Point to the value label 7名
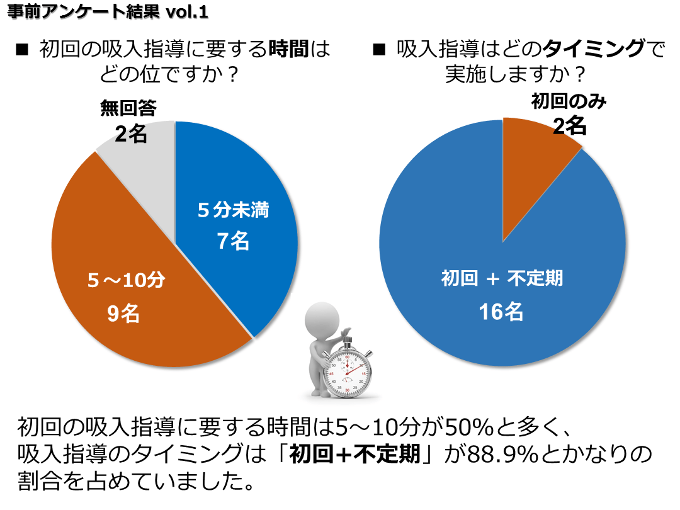pyautogui.click(x=233, y=241)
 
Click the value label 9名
pyautogui.click(x=123, y=313)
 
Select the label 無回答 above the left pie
pyautogui.click(x=128, y=108)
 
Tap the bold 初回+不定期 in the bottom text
pyautogui.click(x=355, y=455)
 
